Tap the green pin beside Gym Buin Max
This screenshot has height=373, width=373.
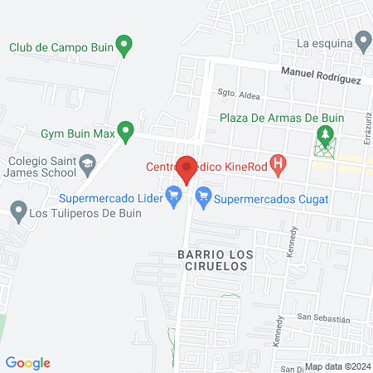pos(125,130)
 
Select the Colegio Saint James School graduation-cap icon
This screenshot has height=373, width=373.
pos(87,166)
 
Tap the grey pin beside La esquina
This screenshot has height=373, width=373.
pos(363,40)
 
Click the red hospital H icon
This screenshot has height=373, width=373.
pos(279,164)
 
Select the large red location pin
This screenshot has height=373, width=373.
pos(187,168)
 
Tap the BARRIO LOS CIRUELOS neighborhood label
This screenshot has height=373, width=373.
pos(212,260)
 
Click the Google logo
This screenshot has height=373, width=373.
pos(28,362)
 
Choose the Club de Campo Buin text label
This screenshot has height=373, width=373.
pos(60,46)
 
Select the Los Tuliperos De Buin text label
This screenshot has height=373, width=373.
pos(85,212)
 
